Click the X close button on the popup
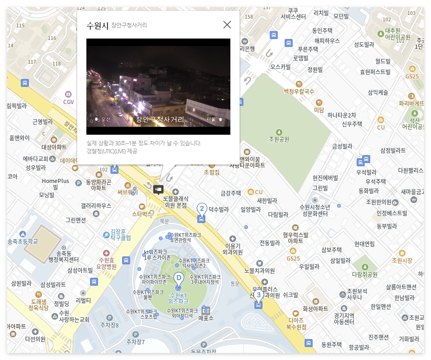click(x=227, y=25)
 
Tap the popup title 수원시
click(x=98, y=26)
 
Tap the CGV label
click(x=68, y=102)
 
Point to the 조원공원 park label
click(x=279, y=139)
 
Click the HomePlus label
click(x=55, y=181)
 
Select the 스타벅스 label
click(x=142, y=214)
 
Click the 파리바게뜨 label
click(x=411, y=103)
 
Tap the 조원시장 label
click(x=402, y=261)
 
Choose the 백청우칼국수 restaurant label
click(x=299, y=92)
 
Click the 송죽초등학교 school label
click(x=23, y=241)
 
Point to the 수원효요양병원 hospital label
click(x=106, y=263)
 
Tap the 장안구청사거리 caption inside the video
click(x=160, y=119)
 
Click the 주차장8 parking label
click(x=110, y=325)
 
